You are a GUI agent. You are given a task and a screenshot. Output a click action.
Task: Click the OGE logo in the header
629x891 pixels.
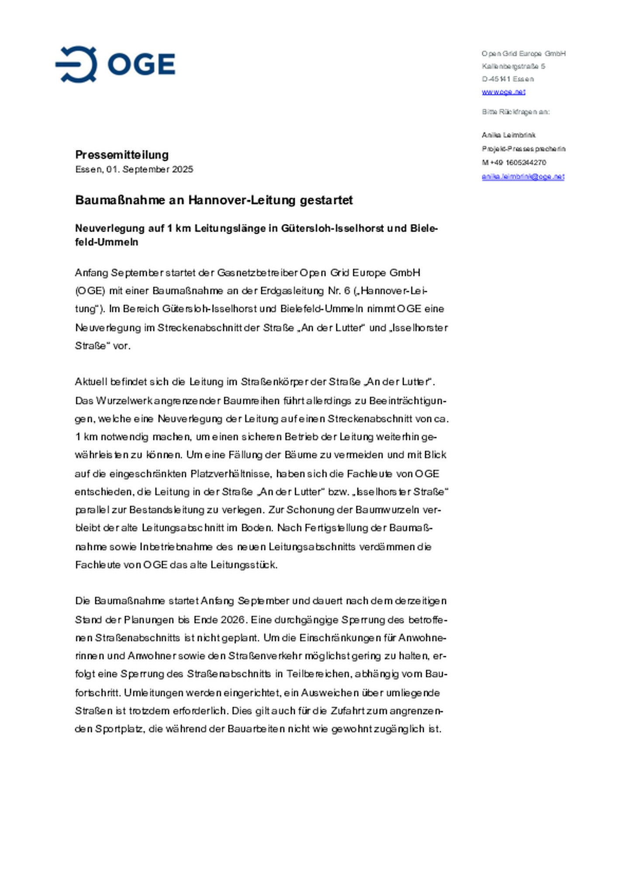coord(115,64)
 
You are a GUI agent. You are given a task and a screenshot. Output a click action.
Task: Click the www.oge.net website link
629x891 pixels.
coord(503,92)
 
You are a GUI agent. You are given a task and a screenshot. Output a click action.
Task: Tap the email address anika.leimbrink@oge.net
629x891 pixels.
coord(523,177)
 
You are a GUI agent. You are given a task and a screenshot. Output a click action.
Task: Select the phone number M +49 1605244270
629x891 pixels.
coord(514,163)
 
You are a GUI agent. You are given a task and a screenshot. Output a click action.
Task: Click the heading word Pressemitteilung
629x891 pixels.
coord(122,155)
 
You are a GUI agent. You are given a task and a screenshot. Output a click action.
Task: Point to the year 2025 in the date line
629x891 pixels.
coord(183,170)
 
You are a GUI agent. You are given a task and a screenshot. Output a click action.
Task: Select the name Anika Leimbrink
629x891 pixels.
coord(508,135)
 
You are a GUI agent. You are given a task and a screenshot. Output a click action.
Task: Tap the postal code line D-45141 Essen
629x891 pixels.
coord(508,79)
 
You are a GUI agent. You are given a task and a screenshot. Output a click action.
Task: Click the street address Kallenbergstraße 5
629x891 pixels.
coord(513,66)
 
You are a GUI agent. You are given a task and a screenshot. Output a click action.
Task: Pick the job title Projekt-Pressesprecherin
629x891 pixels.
coord(523,149)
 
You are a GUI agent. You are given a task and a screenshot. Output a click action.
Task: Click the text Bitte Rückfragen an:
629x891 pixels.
coord(515,112)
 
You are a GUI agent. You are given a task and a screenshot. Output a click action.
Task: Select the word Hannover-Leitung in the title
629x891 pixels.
coord(242,200)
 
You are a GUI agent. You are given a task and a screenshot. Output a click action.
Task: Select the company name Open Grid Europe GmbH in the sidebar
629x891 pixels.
coord(523,54)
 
